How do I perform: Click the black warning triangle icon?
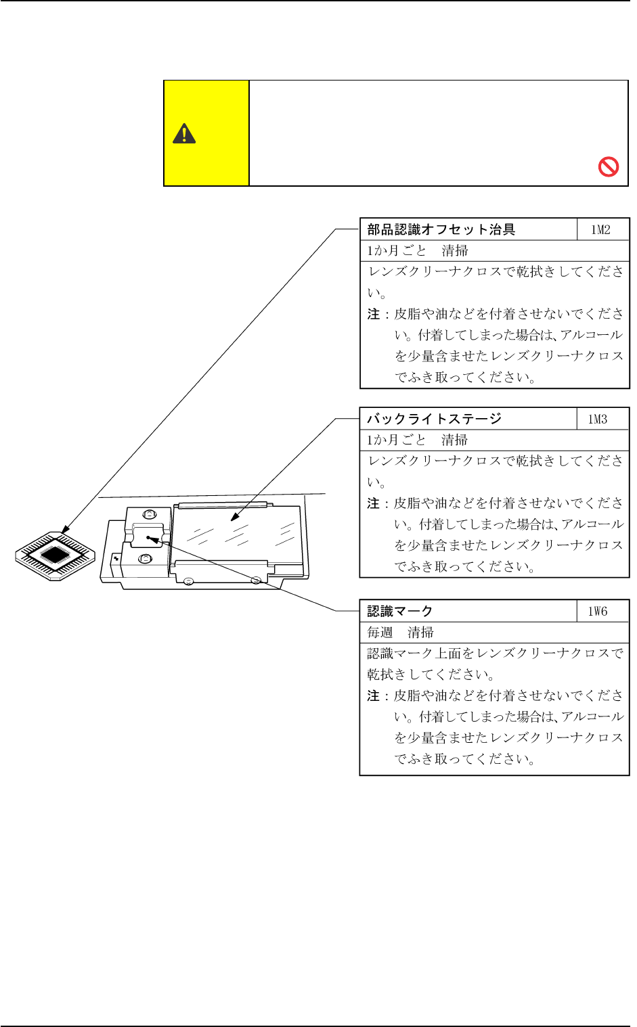(184, 133)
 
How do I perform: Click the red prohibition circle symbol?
(609, 166)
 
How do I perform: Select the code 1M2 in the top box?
(600, 229)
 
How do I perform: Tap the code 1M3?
(598, 419)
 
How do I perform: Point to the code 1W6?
(598, 611)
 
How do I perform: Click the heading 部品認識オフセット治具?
(441, 229)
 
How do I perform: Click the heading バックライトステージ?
(435, 419)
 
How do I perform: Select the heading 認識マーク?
(400, 611)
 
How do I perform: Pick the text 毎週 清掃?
(400, 632)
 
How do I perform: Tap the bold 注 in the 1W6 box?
(373, 695)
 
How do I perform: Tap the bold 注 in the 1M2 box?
(373, 314)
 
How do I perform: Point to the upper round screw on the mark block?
(150, 514)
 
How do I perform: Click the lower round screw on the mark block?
(144, 558)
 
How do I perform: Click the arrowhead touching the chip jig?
(65, 529)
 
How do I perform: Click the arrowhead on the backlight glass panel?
(234, 518)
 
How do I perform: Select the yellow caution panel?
(206, 133)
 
